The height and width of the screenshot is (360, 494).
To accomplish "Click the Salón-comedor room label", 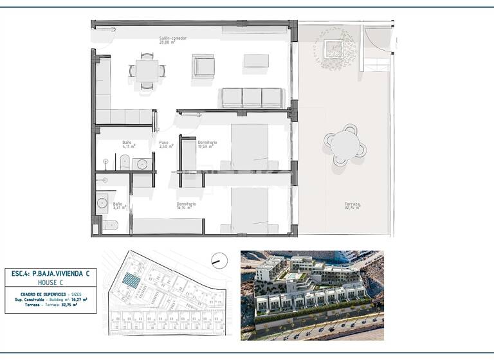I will click(173, 40).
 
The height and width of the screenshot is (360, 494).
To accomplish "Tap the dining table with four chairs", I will click(147, 71).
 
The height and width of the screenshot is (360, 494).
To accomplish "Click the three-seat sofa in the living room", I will click(252, 98).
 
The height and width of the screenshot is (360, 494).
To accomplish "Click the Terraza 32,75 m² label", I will click(352, 206).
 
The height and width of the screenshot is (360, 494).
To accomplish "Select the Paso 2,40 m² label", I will click(164, 144).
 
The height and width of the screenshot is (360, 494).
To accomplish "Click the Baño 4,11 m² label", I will click(127, 144).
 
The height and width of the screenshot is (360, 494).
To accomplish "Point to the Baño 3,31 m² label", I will click(118, 206).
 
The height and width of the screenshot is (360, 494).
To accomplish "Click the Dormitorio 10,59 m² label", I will click(207, 144).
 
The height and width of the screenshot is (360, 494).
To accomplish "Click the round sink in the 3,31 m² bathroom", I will click(102, 204).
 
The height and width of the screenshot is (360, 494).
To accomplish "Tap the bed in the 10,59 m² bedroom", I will click(250, 147).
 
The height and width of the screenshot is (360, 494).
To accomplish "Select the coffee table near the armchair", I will click(256, 60).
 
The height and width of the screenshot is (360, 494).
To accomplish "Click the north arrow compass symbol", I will click(219, 260).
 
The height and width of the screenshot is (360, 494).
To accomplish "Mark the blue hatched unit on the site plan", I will click(131, 282).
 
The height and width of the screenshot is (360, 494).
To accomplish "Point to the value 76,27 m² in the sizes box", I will click(79, 299).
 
